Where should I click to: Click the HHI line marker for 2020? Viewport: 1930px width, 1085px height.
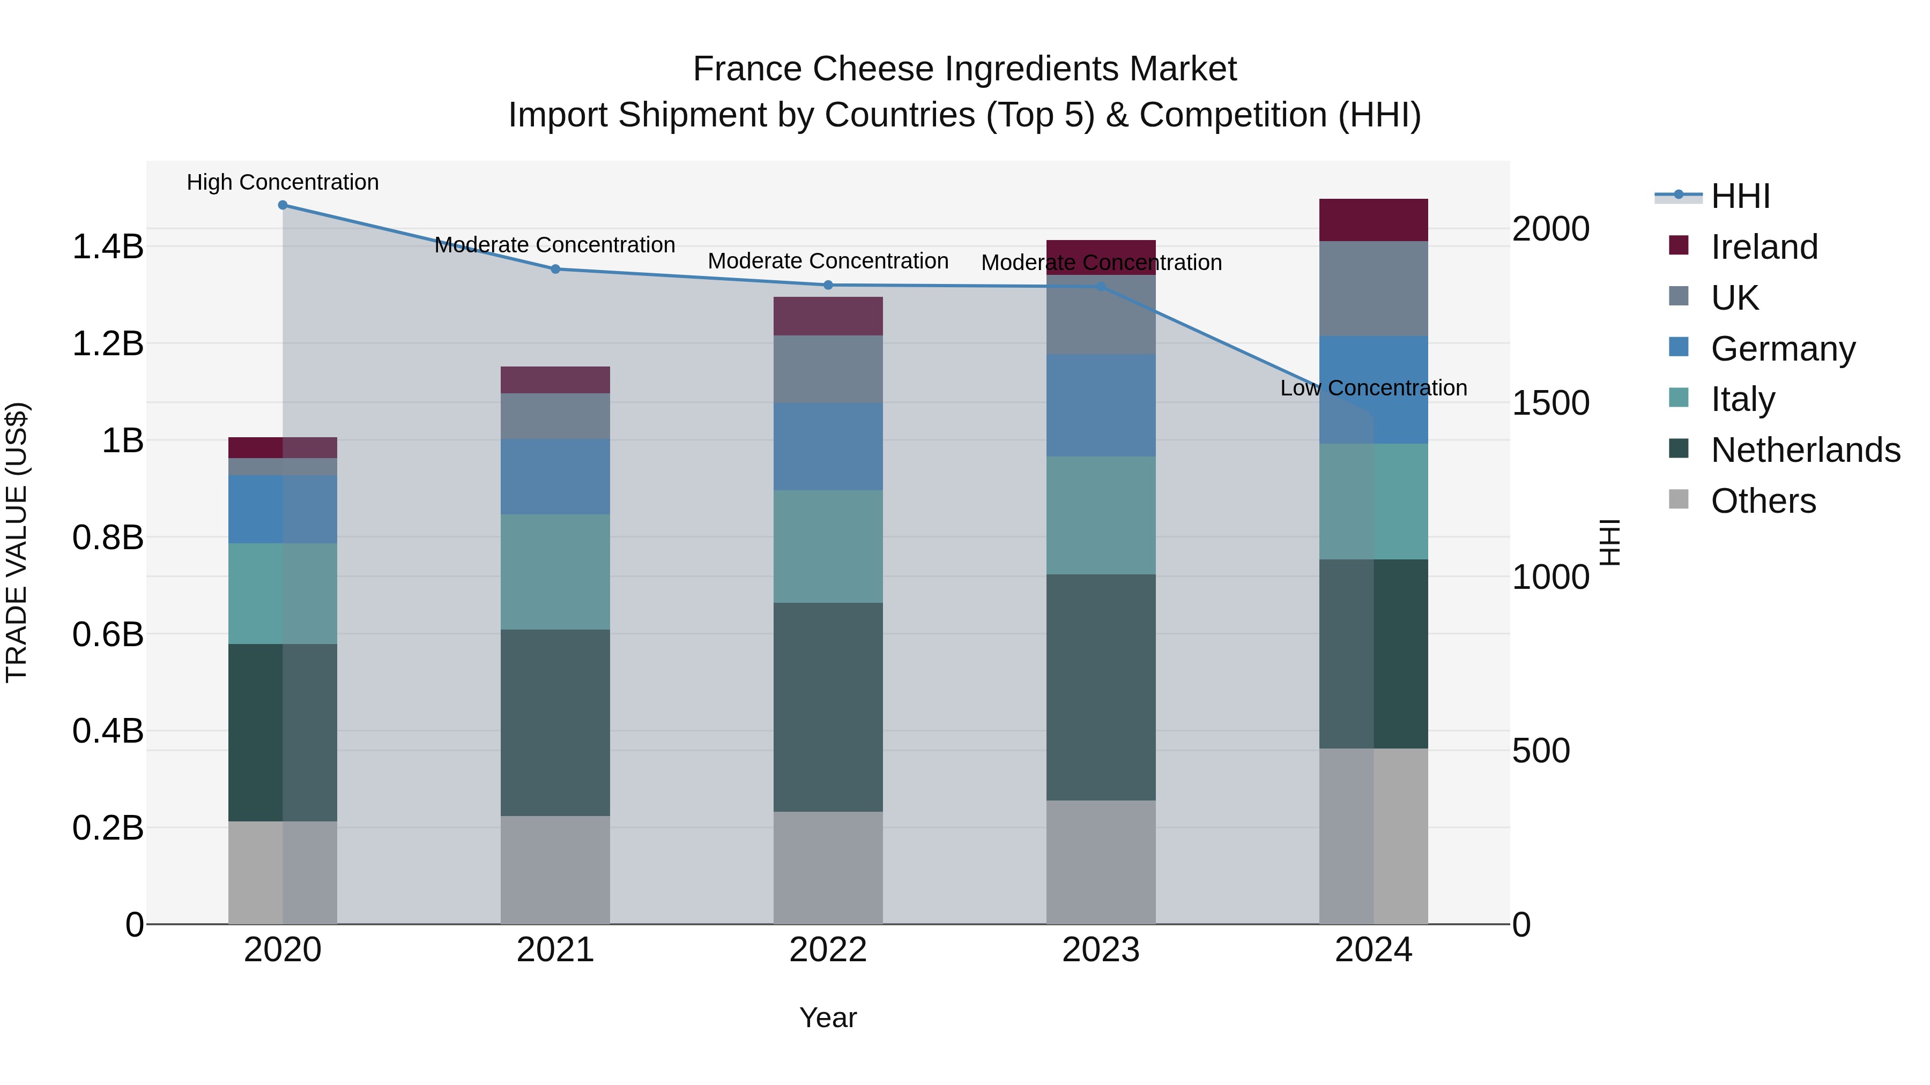(x=283, y=205)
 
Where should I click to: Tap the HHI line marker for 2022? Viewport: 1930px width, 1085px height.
(x=828, y=285)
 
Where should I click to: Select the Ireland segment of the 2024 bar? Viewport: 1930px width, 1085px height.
(x=1374, y=220)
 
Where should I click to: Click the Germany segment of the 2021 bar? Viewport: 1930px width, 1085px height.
(x=555, y=477)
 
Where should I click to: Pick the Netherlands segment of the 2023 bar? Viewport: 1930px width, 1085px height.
(x=1101, y=687)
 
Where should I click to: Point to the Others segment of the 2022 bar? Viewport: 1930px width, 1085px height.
(x=828, y=868)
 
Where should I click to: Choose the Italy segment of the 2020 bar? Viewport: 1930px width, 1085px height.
(x=283, y=594)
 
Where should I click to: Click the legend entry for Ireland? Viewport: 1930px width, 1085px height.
(x=1764, y=247)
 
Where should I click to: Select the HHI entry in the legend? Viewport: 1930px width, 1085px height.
(x=1740, y=196)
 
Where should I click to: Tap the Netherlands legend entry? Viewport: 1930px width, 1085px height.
(x=1804, y=450)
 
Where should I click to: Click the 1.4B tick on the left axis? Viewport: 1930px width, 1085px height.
(x=108, y=247)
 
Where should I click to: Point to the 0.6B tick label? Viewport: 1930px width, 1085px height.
(x=108, y=634)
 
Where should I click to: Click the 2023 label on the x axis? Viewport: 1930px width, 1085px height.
(x=1101, y=950)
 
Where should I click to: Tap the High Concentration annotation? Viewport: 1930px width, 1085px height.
(x=283, y=182)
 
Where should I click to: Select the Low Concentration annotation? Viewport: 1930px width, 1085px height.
(x=1374, y=388)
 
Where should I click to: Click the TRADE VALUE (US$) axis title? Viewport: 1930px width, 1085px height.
(x=17, y=542)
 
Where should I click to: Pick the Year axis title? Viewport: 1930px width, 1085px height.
(x=828, y=1017)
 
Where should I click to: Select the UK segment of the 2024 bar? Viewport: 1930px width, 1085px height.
(x=1374, y=288)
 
